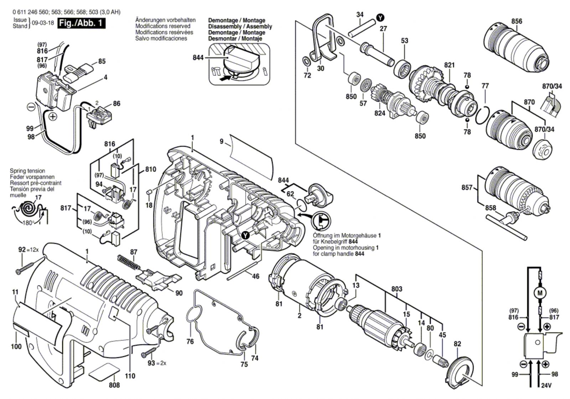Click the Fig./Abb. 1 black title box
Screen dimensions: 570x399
click(81, 23)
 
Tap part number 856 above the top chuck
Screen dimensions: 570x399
click(517, 21)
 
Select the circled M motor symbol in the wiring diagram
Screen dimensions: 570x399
click(540, 293)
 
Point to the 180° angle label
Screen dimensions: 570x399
click(28, 223)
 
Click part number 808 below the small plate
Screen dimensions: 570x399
click(114, 385)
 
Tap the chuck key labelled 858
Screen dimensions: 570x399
click(506, 226)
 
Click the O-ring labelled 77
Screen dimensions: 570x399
click(482, 116)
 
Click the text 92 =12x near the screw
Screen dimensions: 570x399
click(28, 250)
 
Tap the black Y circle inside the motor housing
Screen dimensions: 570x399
click(245, 235)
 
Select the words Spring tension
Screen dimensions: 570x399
click(27, 171)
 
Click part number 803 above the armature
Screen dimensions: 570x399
click(397, 289)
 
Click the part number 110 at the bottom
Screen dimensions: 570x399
click(130, 376)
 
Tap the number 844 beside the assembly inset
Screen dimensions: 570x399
click(198, 58)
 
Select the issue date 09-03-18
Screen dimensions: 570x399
click(43, 23)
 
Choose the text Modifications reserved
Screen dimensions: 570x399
click(162, 26)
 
